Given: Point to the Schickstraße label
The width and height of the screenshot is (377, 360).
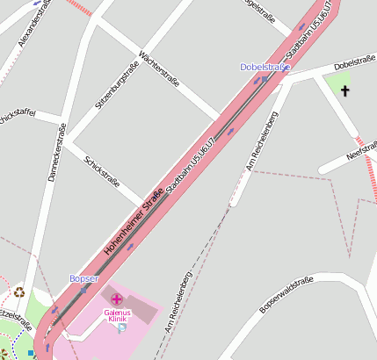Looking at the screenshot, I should (x=101, y=171).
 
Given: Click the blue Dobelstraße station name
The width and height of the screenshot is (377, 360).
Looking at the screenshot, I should (x=265, y=68).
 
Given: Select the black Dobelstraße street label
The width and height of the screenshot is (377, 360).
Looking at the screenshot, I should (x=354, y=63).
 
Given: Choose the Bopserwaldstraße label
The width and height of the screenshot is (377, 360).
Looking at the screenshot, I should (x=286, y=295).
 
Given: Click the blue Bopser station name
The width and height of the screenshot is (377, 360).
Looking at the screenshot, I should (x=84, y=278).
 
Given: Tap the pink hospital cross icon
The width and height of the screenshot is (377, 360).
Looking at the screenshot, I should (x=116, y=300).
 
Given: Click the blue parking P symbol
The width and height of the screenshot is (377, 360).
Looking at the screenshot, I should (x=122, y=328).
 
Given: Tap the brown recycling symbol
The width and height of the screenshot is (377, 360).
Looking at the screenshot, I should (x=19, y=292).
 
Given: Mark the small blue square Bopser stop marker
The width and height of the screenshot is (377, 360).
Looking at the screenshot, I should (x=84, y=289).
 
